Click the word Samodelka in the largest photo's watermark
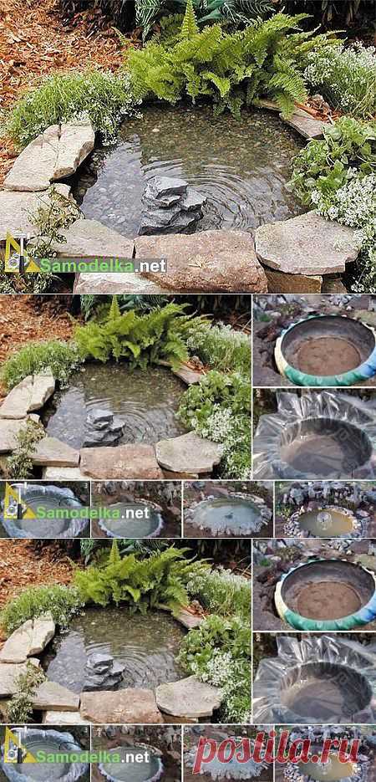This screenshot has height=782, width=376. pyautogui.click(x=86, y=265)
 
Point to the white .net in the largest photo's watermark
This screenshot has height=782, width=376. pyautogui.click(x=150, y=266)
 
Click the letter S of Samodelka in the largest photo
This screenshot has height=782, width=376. pyautogui.click(x=45, y=265)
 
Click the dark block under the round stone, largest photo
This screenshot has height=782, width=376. pyautogui.click(x=294, y=281)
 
